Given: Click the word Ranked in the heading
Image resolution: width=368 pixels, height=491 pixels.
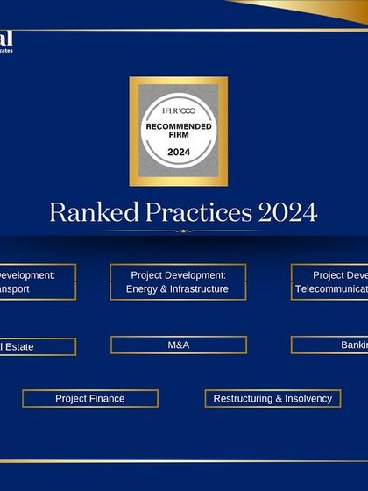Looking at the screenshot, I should coord(84,212).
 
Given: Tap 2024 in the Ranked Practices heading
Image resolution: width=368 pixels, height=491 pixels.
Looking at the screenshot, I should coord(287,212).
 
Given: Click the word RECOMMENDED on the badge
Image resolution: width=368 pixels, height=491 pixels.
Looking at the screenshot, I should coord(178,127).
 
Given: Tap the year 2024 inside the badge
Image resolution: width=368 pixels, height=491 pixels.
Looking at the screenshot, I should coord(178,152).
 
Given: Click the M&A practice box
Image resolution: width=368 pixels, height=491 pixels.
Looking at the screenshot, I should coord(178,345).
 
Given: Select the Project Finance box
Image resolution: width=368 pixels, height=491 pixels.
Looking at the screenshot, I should coord(90,399).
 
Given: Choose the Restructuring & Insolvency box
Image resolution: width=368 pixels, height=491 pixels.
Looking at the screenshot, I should coord(272,399).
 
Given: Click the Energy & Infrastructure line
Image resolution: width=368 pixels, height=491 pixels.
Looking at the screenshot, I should coord(178,289).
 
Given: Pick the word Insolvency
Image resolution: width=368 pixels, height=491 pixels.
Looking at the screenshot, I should coord(303,399).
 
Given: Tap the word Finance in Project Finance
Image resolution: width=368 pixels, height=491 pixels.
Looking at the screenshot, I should coord(108,399).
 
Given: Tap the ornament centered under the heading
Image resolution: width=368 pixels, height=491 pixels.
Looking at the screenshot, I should coord(182,231).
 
